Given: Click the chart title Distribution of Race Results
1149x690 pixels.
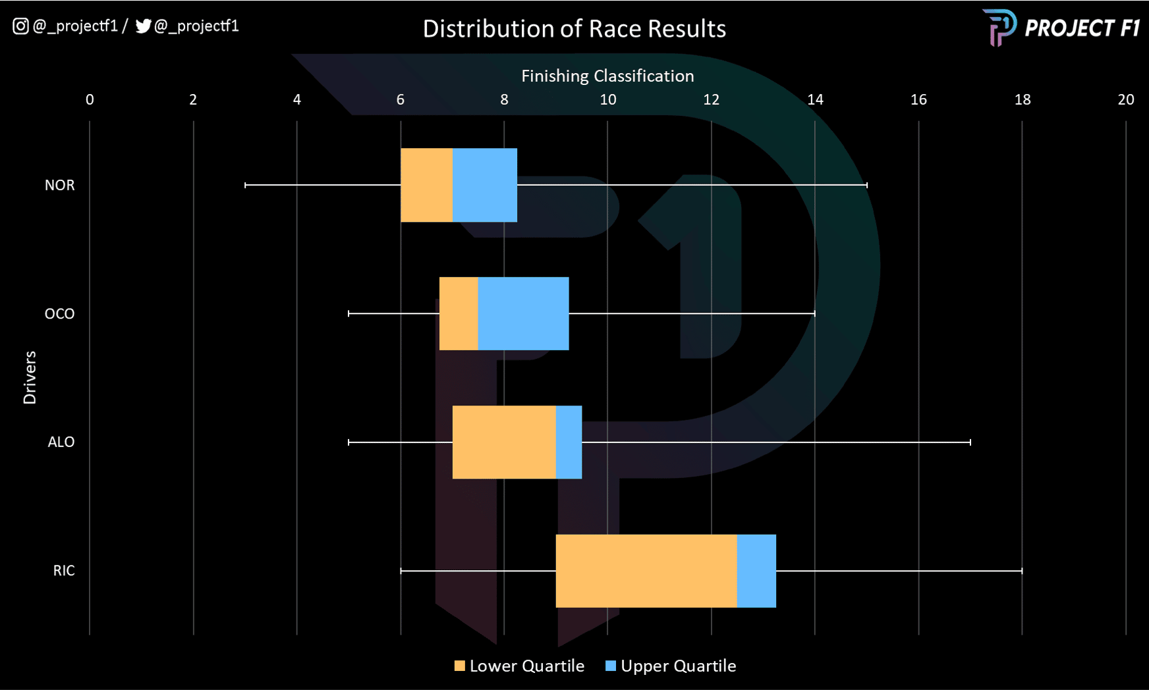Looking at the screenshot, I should coord(574,29).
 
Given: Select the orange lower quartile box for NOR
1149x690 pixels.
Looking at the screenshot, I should coord(426,185).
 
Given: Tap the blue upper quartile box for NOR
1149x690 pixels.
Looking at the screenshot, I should coord(485,185).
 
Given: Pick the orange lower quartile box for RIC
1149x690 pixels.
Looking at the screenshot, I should coord(646,571).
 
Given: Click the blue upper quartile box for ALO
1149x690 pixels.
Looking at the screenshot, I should coord(569,442).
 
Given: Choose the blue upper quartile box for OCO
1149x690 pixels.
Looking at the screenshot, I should coord(523,313).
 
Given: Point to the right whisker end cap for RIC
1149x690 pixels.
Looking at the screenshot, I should coord(1022,571).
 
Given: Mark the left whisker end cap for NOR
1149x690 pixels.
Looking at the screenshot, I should coord(246,185).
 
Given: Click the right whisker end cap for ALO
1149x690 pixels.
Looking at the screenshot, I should coord(970,442).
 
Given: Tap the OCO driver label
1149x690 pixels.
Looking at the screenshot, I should coord(59,314).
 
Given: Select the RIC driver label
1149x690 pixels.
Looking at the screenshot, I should coord(64,571).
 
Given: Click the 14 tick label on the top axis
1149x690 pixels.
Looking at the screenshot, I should coord(815,99).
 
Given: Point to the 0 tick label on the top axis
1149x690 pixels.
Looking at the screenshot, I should coord(90,99).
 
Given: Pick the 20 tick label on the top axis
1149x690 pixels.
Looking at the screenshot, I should coord(1125,99).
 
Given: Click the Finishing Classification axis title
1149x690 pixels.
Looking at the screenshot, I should coord(607,76).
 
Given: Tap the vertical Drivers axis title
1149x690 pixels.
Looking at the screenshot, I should coord(30,377).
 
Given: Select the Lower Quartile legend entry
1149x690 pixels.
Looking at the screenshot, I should coord(519,666).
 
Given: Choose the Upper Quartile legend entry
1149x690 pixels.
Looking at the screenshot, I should coord(671,666).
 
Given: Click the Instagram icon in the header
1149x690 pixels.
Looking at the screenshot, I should coord(20,26).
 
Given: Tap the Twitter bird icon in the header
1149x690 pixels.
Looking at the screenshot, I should coord(143,26).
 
